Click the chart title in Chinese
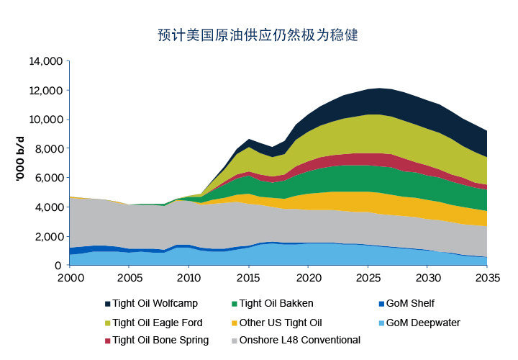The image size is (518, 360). point(258,35)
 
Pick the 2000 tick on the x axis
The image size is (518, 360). point(70,278)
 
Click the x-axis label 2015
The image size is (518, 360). point(249,278)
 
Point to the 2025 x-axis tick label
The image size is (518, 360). point(368,278)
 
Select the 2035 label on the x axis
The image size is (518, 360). point(488,278)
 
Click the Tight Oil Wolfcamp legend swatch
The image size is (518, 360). point(108,304)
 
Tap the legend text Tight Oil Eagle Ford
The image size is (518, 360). point(158,323)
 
